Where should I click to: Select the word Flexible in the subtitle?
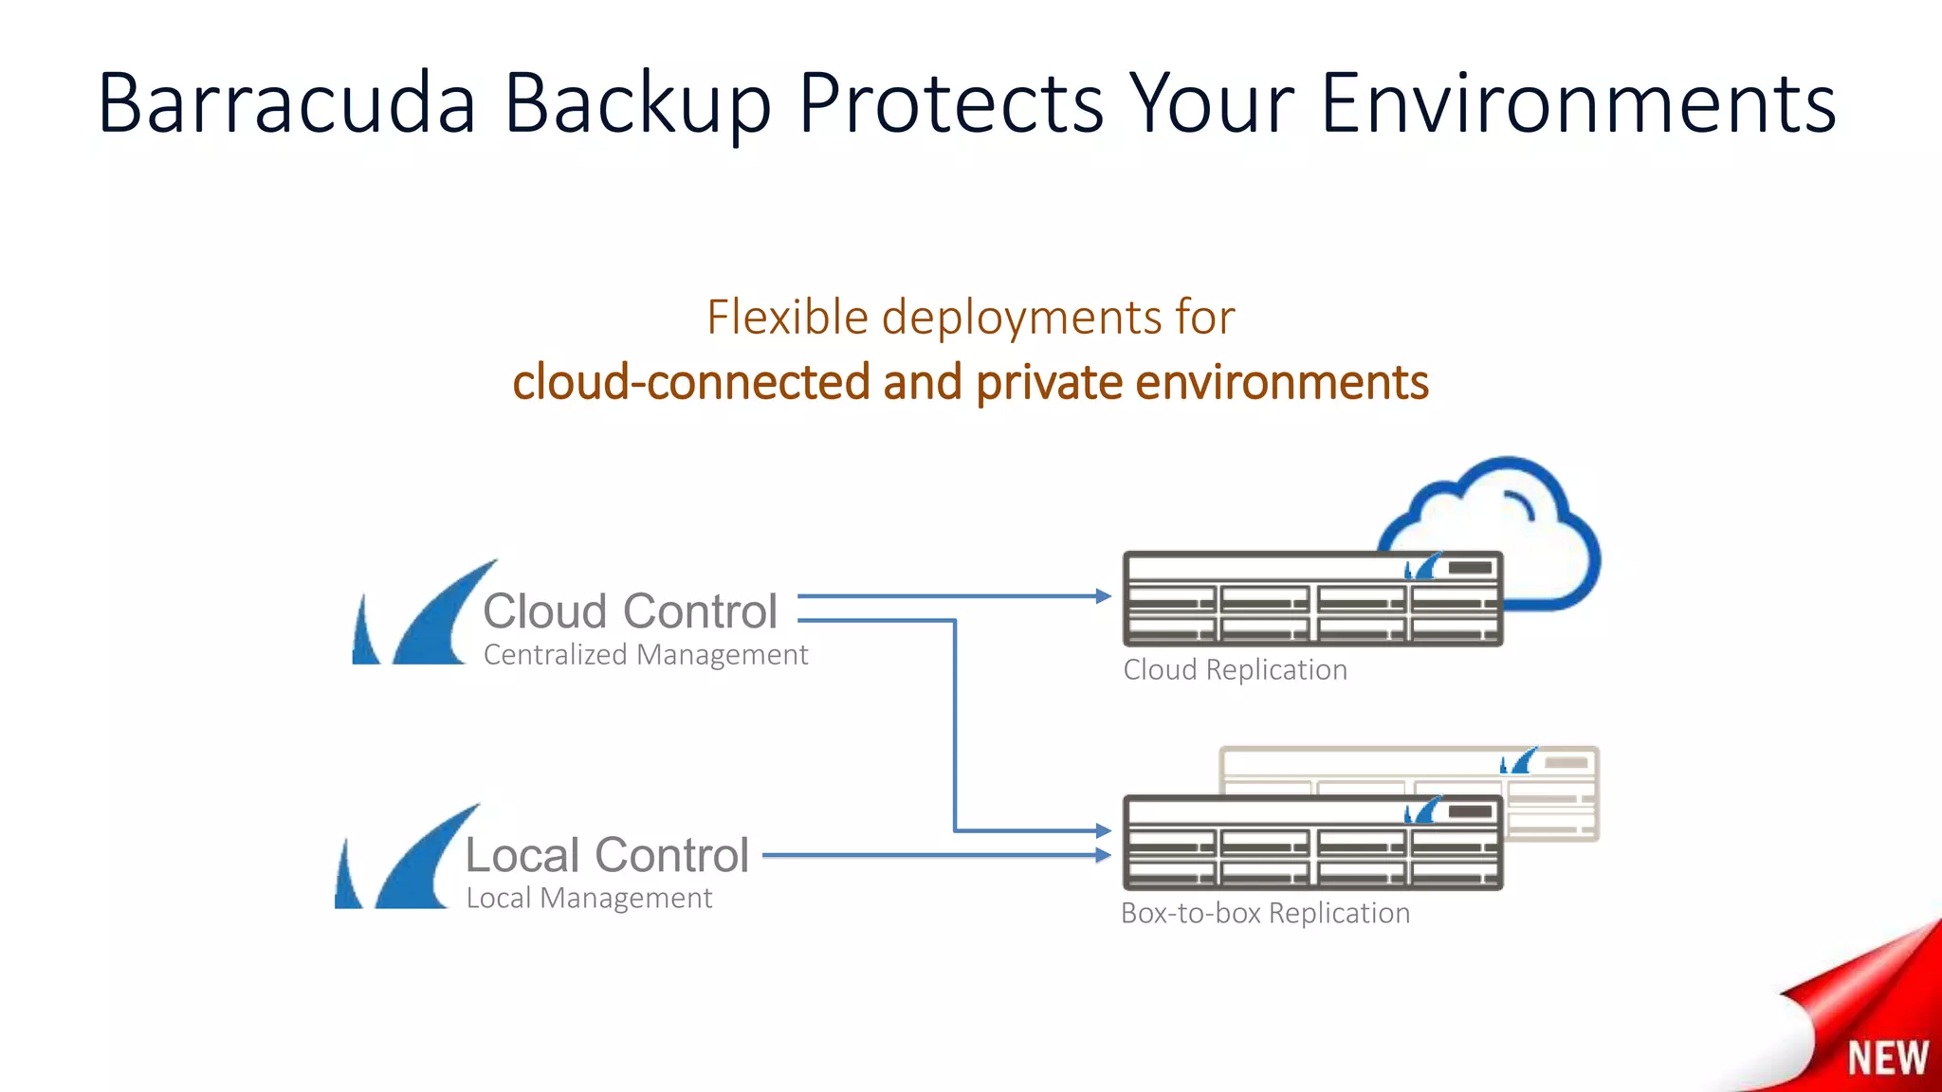[x=787, y=318]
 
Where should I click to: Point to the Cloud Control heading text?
[x=630, y=611]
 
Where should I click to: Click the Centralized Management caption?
[x=645, y=655]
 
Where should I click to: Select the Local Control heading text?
[x=607, y=855]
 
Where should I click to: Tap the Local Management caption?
[x=588, y=898]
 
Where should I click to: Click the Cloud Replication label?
[x=1235, y=670]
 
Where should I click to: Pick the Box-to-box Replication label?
[x=1265, y=913]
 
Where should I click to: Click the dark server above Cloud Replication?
[x=1312, y=599]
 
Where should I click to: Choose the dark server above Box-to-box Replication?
[x=1312, y=843]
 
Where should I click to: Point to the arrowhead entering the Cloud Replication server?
[x=1103, y=596]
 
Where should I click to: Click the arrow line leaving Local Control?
[x=929, y=855]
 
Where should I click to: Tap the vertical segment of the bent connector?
[x=955, y=725]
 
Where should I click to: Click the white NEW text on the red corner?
[x=1887, y=1058]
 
